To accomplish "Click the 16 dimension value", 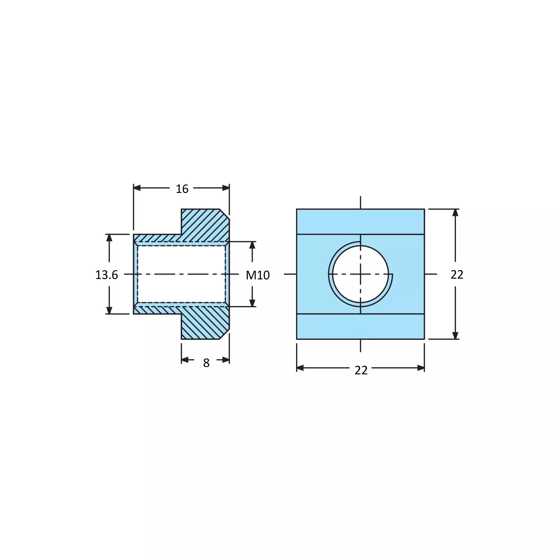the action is coord(182,189).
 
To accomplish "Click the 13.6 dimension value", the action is coord(106,275).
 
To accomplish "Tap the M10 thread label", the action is coord(258,275).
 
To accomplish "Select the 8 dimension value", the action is coord(206,363).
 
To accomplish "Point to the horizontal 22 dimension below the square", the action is coord(361,370).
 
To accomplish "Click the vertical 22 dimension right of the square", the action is coord(457,275).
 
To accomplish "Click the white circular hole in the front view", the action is coord(360,274).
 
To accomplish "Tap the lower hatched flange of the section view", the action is coord(205,323).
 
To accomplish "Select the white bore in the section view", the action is coord(181,274).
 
